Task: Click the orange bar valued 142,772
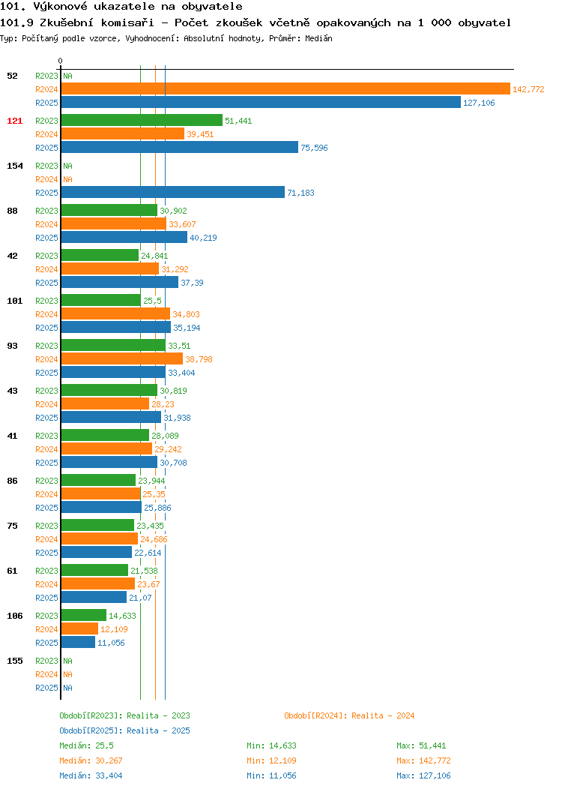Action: coord(285,89)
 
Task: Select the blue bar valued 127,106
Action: coord(261,102)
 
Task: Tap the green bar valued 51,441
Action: coord(142,120)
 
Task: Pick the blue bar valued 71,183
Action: coord(173,192)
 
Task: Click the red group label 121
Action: coord(14,121)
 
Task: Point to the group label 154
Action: coord(14,166)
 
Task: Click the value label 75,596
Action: coord(314,148)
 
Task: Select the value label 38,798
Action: coord(199,359)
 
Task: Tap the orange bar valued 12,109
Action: coord(79,629)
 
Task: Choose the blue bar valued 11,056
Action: coord(78,642)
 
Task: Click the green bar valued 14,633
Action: coord(83,616)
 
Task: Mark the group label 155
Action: coord(14,661)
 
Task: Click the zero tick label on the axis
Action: coord(61,61)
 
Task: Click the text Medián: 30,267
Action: coord(91,760)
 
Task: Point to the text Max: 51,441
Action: coord(421,745)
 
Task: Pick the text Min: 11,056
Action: coord(271,776)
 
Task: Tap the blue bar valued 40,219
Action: coord(124,237)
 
